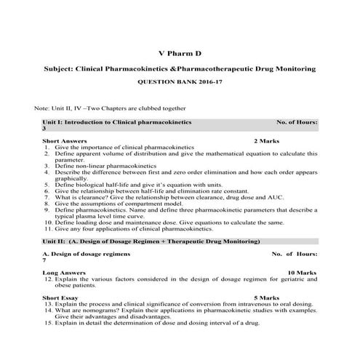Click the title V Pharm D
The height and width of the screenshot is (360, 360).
click(x=180, y=52)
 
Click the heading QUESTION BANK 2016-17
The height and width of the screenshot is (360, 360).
click(x=180, y=84)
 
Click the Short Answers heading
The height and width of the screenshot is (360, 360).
click(x=65, y=140)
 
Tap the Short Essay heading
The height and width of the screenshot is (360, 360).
click(x=60, y=297)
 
